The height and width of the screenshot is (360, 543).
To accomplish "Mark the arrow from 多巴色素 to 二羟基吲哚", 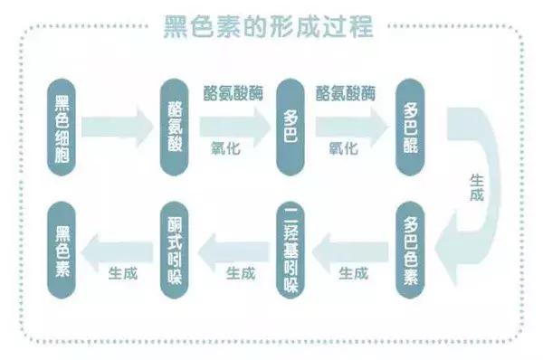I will coord(348,244).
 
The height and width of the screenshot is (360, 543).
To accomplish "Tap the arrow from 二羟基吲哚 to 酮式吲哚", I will coord(233,244).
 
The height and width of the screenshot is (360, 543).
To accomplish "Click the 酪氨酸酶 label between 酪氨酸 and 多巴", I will coord(233,93).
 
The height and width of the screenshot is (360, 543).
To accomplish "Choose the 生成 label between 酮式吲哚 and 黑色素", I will coord(123,271).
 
